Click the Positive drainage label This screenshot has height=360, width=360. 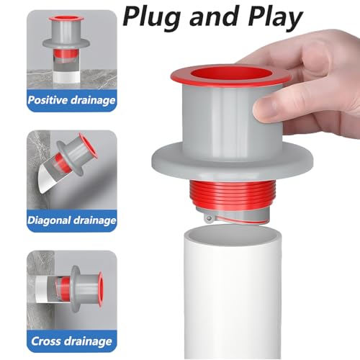click(x=71, y=100)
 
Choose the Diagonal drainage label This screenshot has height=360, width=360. click(x=71, y=220)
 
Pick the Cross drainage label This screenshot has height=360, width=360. click(x=71, y=340)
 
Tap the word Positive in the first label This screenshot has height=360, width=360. click(x=52, y=100)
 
